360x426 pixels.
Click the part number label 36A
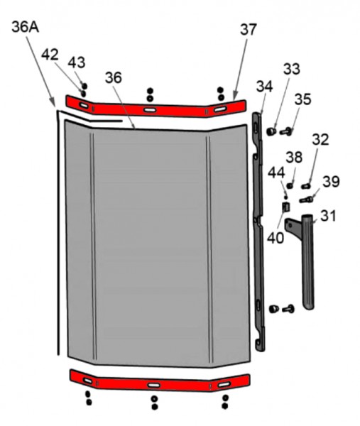[26, 28]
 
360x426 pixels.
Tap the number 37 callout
[249, 30]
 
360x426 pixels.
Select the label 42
[50, 55]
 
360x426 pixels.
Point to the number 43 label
[77, 62]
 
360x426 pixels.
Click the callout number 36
[114, 77]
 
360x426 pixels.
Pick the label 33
[292, 69]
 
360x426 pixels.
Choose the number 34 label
[264, 87]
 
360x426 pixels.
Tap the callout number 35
[302, 99]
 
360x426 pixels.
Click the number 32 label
[321, 140]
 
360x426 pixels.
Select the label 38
[294, 158]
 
